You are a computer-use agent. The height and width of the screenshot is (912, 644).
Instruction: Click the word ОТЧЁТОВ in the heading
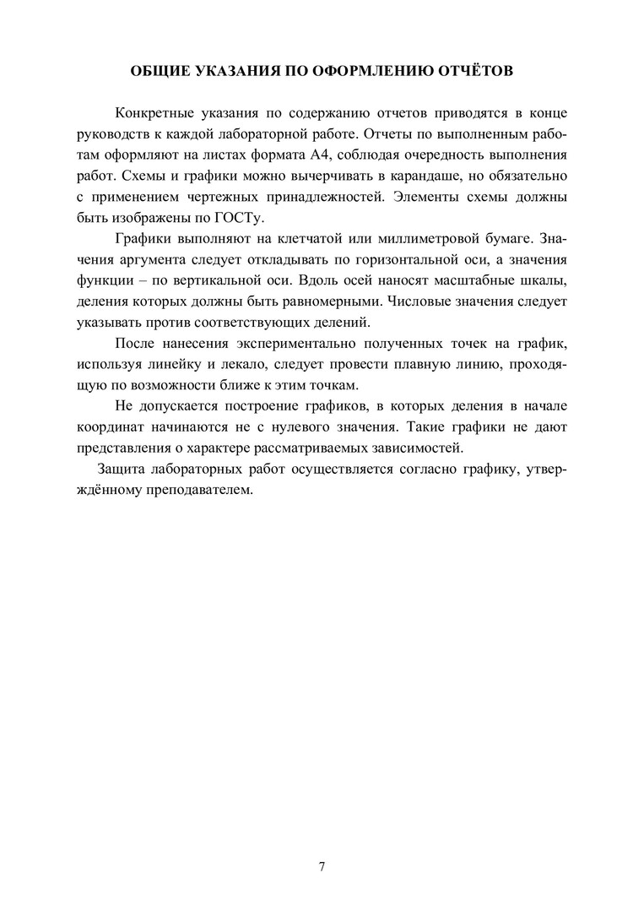[x=471, y=72]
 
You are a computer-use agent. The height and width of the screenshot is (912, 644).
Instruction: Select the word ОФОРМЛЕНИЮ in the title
[x=360, y=72]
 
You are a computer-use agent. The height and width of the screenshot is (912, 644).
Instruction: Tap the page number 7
[x=322, y=867]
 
